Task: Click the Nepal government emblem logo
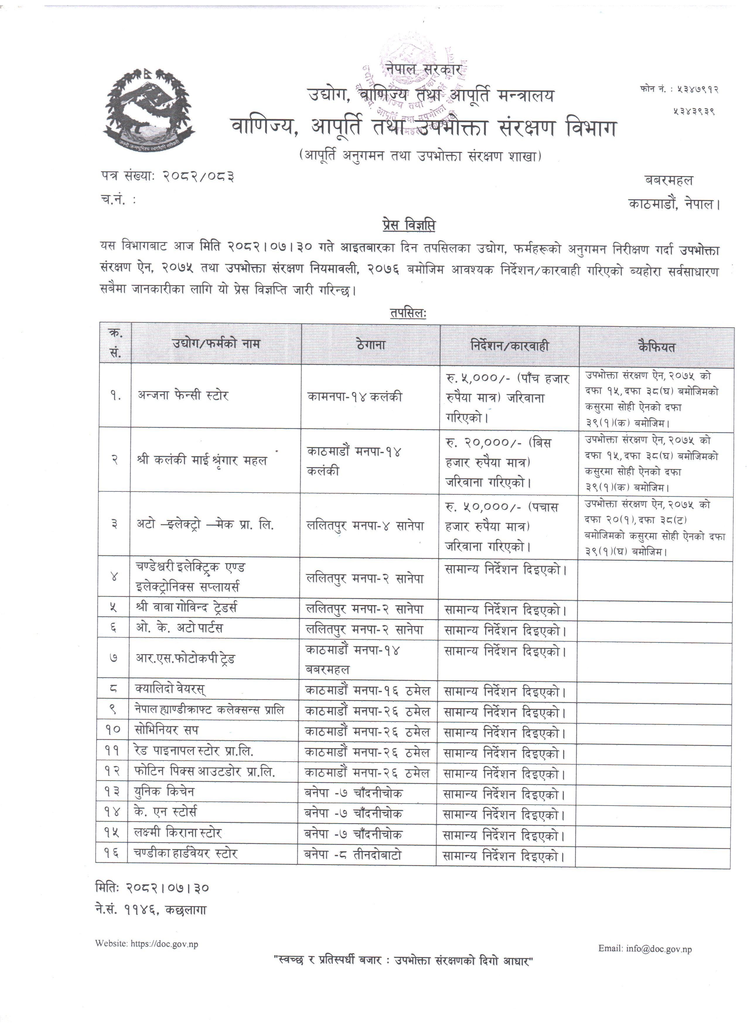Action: point(149,108)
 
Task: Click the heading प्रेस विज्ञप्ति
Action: point(408,225)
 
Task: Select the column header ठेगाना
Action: point(371,345)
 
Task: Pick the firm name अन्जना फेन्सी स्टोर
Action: point(183,395)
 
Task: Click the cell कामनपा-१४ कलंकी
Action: point(354,397)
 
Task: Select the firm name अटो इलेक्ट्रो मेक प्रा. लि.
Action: point(205,525)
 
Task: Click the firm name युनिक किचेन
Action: point(164,792)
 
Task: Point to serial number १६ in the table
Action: point(112,854)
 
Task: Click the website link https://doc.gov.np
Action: point(164,940)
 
